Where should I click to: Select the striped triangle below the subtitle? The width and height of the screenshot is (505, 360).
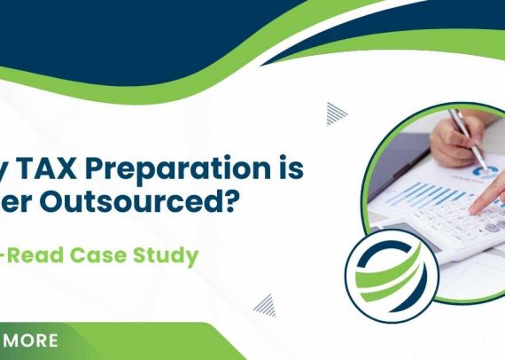point(264,305)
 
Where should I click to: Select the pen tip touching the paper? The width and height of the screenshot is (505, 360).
point(485,168)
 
